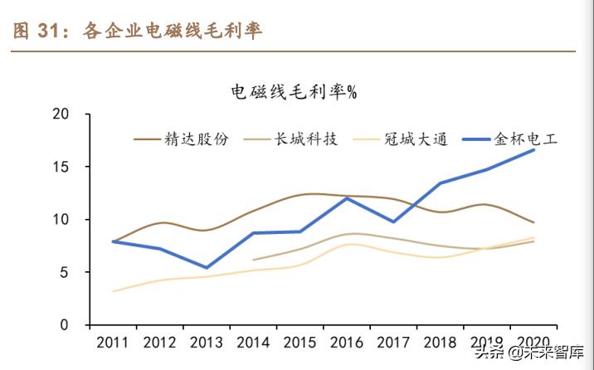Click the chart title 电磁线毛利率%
(293, 92)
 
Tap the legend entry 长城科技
(306, 139)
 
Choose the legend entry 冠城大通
(416, 139)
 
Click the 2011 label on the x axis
(113, 342)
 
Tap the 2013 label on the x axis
(207, 342)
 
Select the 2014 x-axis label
(253, 342)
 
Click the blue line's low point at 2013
(207, 268)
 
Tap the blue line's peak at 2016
(347, 197)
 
